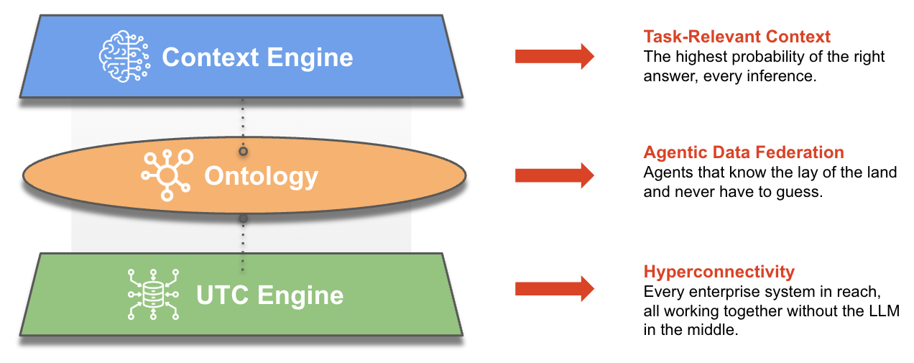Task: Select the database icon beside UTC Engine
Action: (x=152, y=294)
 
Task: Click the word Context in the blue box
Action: (x=206, y=58)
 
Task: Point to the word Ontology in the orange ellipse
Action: (x=261, y=176)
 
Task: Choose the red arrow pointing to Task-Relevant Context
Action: (x=554, y=56)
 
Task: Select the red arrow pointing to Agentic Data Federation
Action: (x=554, y=174)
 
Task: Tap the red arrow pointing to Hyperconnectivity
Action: (x=554, y=289)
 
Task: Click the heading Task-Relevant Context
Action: (x=737, y=37)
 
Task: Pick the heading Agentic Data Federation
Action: (x=744, y=152)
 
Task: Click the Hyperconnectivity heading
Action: (x=719, y=272)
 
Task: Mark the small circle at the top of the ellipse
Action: (x=243, y=151)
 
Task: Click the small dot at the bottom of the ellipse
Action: (x=243, y=218)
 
